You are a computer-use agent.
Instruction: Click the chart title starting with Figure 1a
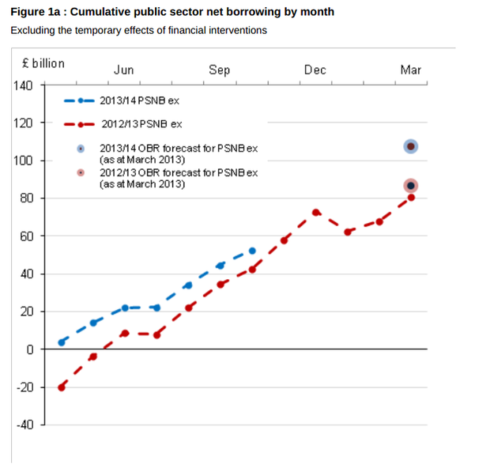171,12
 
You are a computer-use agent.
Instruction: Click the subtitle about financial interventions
138,30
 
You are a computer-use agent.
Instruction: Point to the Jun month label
123,70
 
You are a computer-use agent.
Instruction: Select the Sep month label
219,70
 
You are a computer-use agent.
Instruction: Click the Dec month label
315,70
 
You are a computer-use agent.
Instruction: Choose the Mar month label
410,70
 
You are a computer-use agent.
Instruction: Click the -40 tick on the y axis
24,425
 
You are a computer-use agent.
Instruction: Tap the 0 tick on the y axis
30,349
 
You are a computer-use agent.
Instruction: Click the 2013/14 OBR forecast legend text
179,153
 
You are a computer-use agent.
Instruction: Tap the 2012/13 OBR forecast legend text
179,178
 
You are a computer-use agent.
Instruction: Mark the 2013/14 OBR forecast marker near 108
410,145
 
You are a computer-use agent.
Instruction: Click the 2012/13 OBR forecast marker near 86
410,186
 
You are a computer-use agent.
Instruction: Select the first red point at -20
62,387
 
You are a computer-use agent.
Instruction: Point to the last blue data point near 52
252,251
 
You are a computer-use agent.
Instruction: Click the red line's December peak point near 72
315,212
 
